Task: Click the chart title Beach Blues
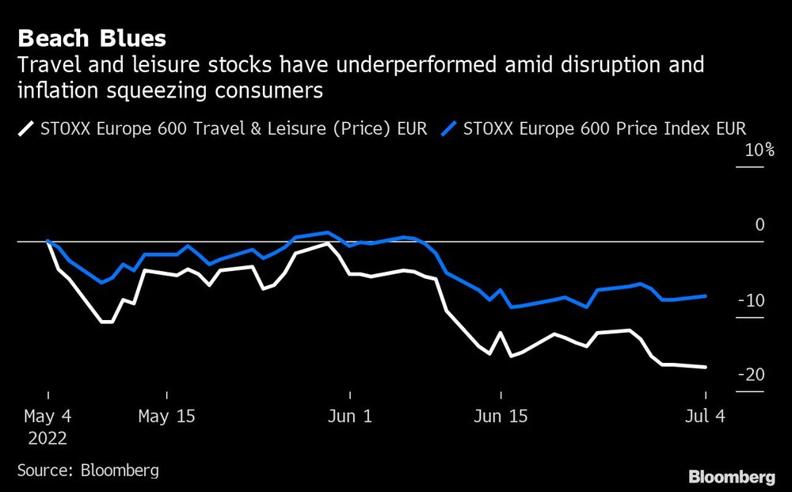pos(92,38)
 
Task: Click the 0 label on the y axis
pos(760,225)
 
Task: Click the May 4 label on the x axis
pos(48,416)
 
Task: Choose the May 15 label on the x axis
pos(166,416)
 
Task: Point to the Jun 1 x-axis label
pos(349,416)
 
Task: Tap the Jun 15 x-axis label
pos(500,416)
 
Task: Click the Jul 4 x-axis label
pos(703,416)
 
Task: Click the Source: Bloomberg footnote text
pos(88,470)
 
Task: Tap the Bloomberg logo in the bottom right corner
pos(732,476)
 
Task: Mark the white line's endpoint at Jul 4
pos(706,367)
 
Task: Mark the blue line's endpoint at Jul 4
pos(706,296)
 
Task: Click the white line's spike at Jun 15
pos(501,333)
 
